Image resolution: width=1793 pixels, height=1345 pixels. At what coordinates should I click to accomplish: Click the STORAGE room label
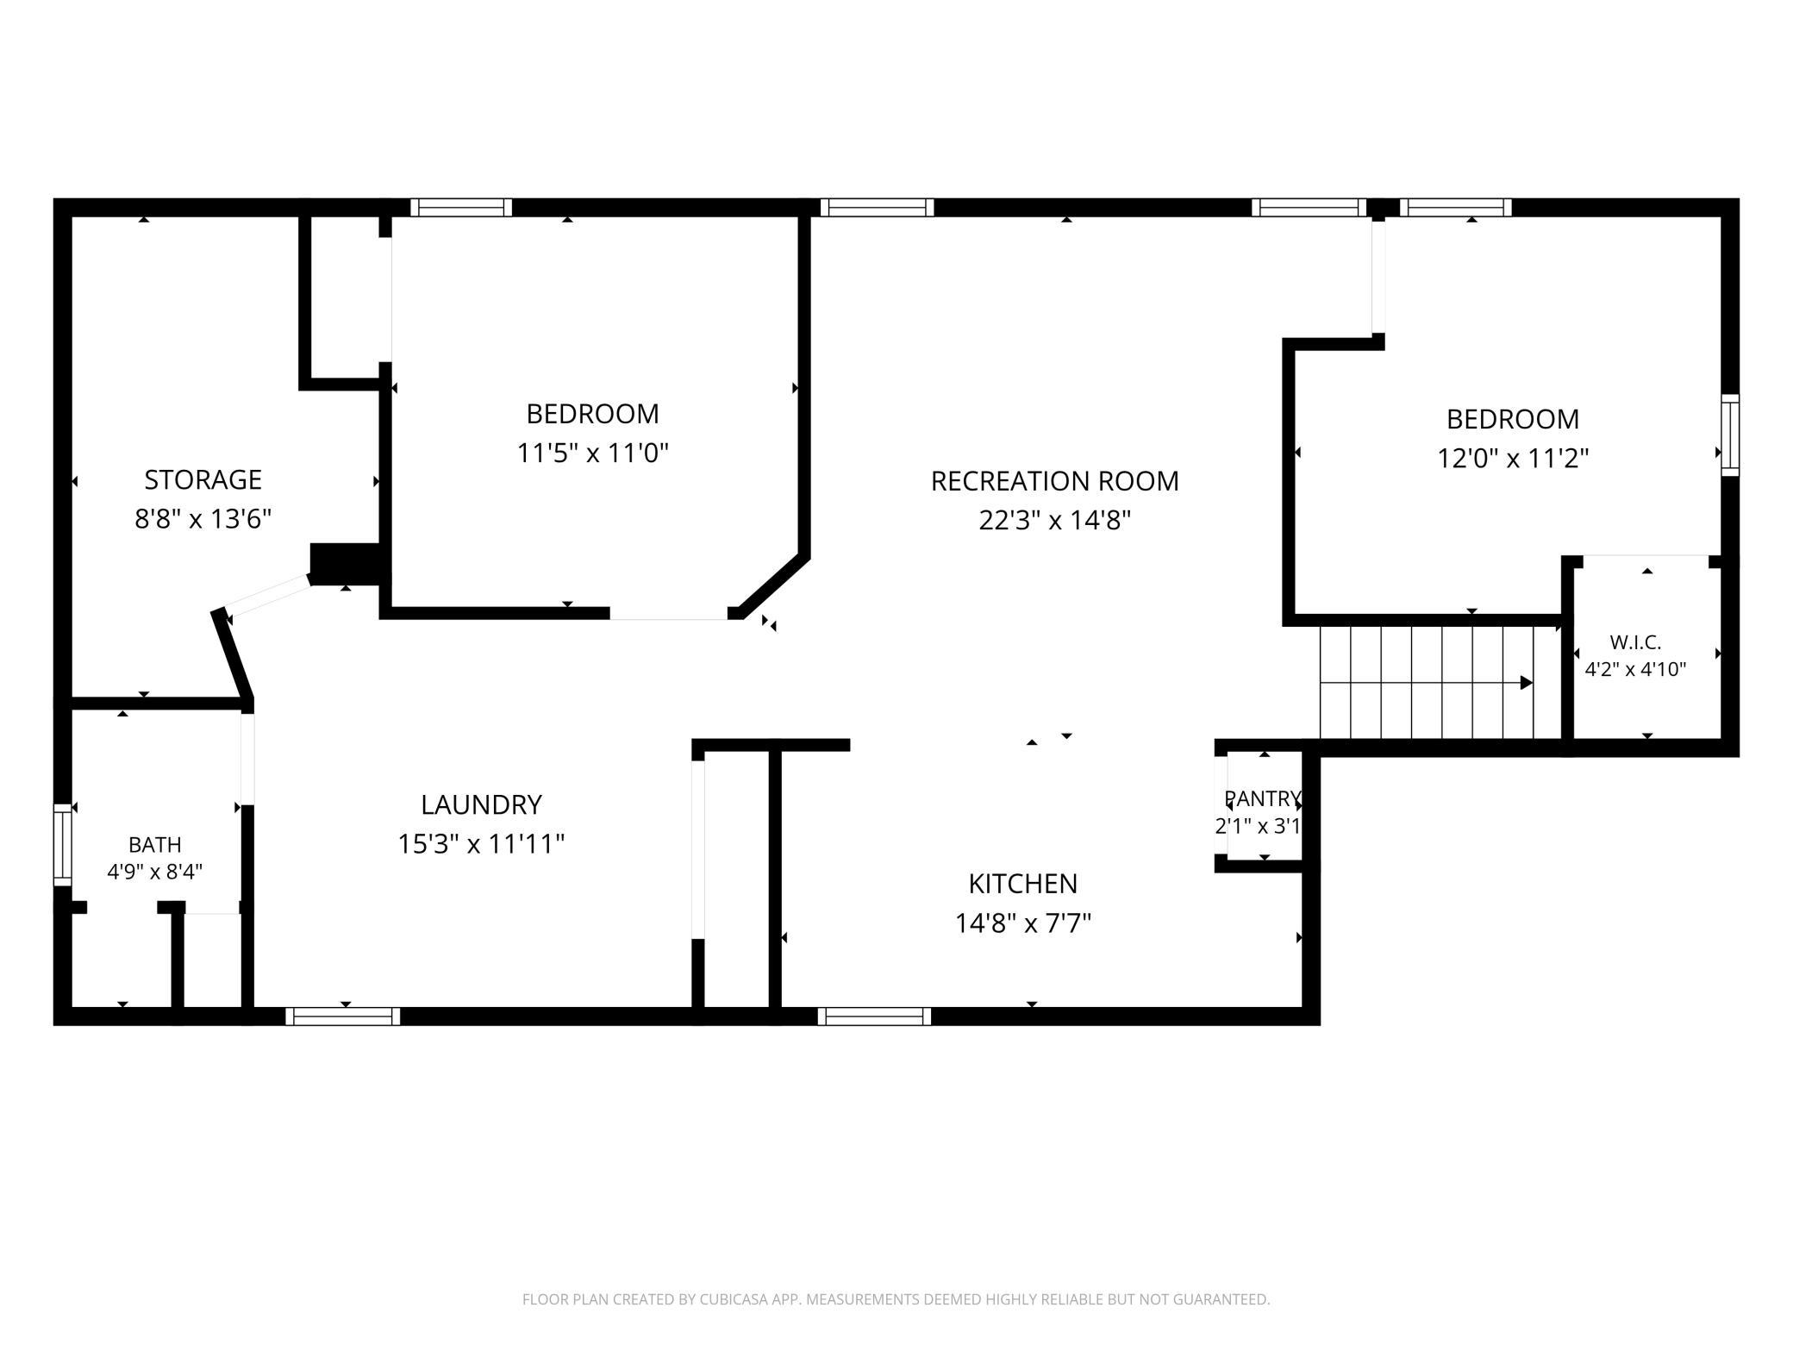[x=203, y=479]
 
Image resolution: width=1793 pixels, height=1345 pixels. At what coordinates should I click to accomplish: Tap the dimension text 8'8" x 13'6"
[x=203, y=519]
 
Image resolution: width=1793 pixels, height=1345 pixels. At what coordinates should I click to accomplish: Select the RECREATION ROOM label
[x=1054, y=481]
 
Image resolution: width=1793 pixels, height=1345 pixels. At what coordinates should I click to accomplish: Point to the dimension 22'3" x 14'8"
[x=1054, y=521]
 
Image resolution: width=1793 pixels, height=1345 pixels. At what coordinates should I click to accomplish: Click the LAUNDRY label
[x=481, y=804]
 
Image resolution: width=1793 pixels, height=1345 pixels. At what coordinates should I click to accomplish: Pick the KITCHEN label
[x=1022, y=884]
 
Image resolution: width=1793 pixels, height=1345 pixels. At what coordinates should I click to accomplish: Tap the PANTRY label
[x=1262, y=798]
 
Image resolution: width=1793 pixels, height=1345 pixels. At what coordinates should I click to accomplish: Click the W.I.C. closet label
[x=1635, y=642]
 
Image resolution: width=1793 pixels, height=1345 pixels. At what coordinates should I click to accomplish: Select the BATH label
[x=155, y=845]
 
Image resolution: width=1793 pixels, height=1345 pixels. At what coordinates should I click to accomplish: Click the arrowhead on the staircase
[x=1526, y=683]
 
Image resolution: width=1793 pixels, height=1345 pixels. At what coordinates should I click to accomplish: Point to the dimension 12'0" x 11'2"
[x=1512, y=458]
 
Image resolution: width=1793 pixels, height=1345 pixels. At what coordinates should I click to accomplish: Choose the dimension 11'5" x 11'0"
[x=592, y=453]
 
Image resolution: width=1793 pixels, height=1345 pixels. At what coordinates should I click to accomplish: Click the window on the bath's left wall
[x=62, y=845]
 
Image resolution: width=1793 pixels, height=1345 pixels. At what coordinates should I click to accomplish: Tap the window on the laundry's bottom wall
[x=342, y=1017]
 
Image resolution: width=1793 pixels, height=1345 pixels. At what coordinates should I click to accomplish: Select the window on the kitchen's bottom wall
[x=874, y=1017]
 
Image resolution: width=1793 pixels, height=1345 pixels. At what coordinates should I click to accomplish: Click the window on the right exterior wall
[x=1730, y=435]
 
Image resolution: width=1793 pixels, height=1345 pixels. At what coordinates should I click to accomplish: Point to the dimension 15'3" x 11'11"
[x=481, y=844]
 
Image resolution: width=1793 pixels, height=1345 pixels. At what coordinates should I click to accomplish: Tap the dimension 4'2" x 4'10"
[x=1635, y=669]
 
